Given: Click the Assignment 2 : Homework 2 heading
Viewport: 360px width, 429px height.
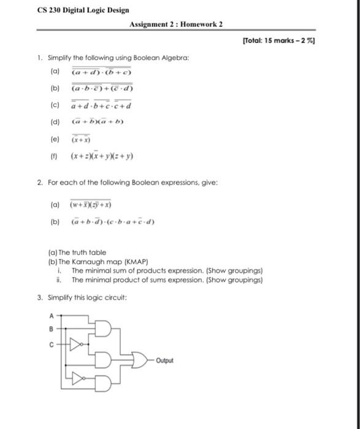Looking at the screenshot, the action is (176, 24).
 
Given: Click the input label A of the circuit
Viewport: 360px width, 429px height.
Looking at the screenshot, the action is (51, 316).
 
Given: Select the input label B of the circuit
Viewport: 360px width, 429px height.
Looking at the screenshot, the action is (51, 328).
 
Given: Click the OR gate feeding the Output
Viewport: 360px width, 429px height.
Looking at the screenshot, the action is (139, 360).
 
